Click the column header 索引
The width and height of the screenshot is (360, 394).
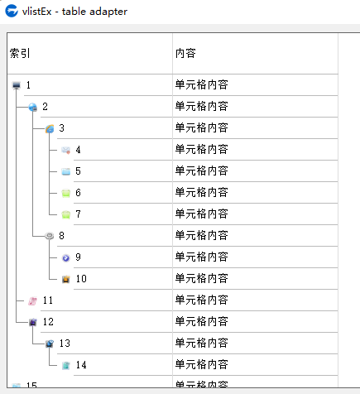point(20,53)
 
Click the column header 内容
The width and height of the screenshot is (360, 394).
point(185,53)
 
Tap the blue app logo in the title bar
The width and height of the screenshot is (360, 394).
point(12,11)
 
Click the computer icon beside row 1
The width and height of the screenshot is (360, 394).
point(17,85)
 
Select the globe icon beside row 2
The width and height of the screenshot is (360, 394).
point(33,107)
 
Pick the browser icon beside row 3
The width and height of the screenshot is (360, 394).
point(50,128)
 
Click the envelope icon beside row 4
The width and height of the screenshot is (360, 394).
point(66,150)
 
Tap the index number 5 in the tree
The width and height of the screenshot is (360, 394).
point(78,171)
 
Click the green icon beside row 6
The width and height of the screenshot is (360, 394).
point(66,193)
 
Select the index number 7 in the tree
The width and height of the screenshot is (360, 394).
point(78,214)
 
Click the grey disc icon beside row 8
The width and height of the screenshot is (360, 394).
point(50,236)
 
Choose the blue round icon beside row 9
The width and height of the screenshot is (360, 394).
point(66,257)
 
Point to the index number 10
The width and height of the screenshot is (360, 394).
point(81,279)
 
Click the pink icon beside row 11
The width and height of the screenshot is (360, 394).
point(33,300)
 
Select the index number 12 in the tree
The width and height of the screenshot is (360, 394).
point(48,322)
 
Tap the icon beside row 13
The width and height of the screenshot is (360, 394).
point(50,344)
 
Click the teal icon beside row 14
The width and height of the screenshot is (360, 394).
point(66,365)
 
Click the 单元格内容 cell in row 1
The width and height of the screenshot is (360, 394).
point(202,84)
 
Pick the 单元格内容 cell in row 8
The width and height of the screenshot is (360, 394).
point(202,235)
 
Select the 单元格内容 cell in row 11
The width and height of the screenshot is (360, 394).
point(202,300)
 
